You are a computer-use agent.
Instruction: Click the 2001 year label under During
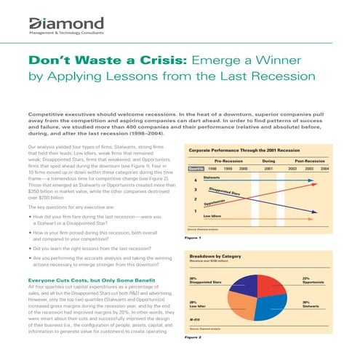coord(268,169)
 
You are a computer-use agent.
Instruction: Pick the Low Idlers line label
coord(212,216)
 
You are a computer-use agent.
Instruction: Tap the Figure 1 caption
coord(193,237)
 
